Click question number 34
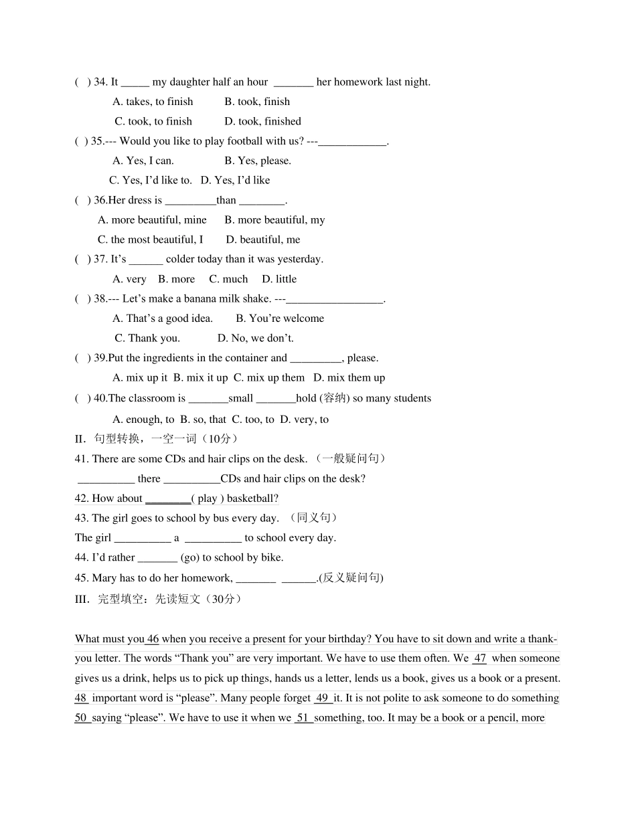(100, 82)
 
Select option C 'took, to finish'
(153, 122)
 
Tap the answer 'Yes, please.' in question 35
(258, 161)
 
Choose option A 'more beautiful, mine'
(152, 220)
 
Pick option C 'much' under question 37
(228, 279)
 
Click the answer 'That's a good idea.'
(163, 318)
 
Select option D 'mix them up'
(349, 378)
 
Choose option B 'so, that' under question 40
(200, 420)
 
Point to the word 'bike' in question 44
(272, 557)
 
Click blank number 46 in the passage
(153, 639)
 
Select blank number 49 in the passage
(323, 699)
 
